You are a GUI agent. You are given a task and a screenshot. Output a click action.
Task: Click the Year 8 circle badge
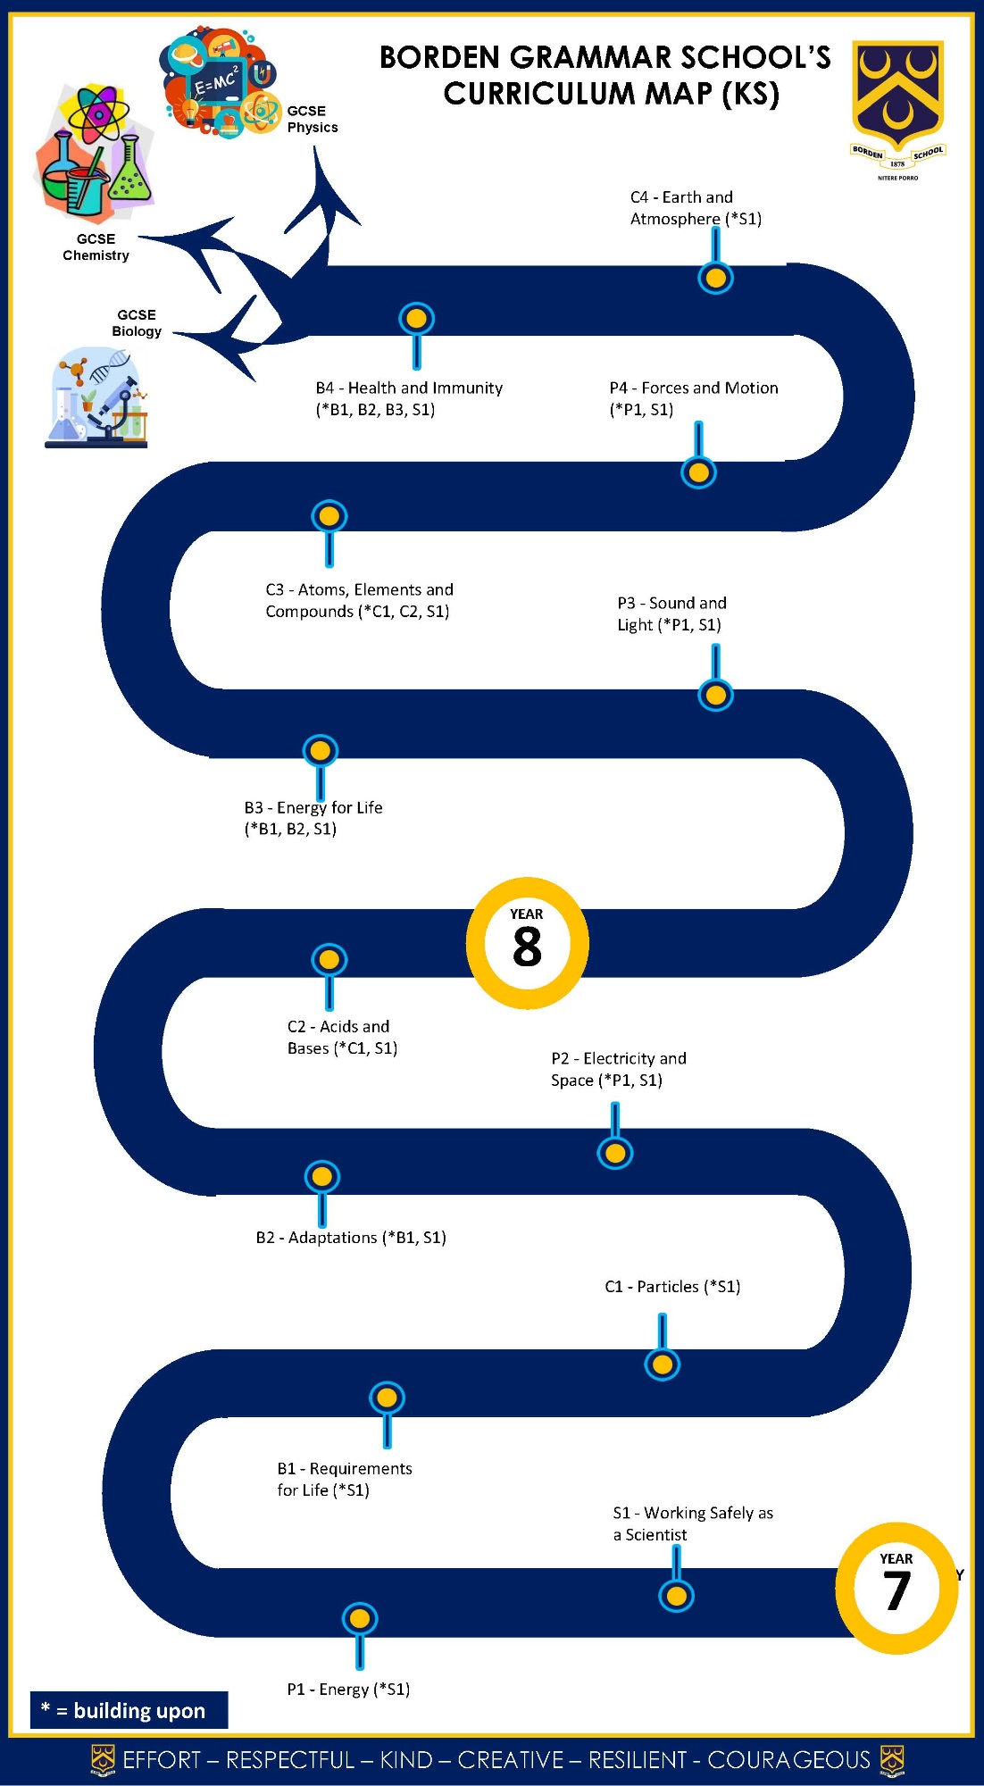tap(527, 943)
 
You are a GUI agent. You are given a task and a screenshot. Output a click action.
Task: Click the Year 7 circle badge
tap(896, 1588)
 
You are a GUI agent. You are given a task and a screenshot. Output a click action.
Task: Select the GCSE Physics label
tap(312, 119)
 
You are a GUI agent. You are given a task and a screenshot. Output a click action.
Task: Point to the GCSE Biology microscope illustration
tap(96, 398)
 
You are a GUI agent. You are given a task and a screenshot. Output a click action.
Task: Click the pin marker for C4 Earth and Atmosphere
tap(715, 278)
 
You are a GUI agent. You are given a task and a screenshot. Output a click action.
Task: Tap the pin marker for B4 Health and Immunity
tap(416, 319)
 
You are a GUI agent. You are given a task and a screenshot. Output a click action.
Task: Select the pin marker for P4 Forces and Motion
tap(698, 472)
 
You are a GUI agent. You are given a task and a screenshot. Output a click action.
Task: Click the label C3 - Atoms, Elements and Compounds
tap(358, 600)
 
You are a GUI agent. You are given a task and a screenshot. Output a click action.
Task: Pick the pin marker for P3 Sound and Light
tap(715, 695)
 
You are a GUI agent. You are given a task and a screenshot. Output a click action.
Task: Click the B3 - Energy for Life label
tap(313, 818)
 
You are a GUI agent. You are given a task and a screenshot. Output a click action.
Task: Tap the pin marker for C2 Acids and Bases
tap(329, 960)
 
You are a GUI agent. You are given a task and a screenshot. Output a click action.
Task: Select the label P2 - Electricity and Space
tap(618, 1069)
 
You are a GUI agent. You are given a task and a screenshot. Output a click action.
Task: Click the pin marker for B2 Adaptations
tap(321, 1177)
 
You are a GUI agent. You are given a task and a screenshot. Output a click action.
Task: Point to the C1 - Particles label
tap(672, 1287)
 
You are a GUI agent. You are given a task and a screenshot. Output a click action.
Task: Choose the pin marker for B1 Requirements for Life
tap(387, 1398)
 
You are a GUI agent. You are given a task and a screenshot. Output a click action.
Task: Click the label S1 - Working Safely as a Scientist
tap(692, 1523)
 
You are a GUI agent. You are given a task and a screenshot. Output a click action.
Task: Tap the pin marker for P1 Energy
tap(359, 1618)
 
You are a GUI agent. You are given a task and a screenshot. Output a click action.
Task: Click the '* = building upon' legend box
tap(129, 1710)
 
